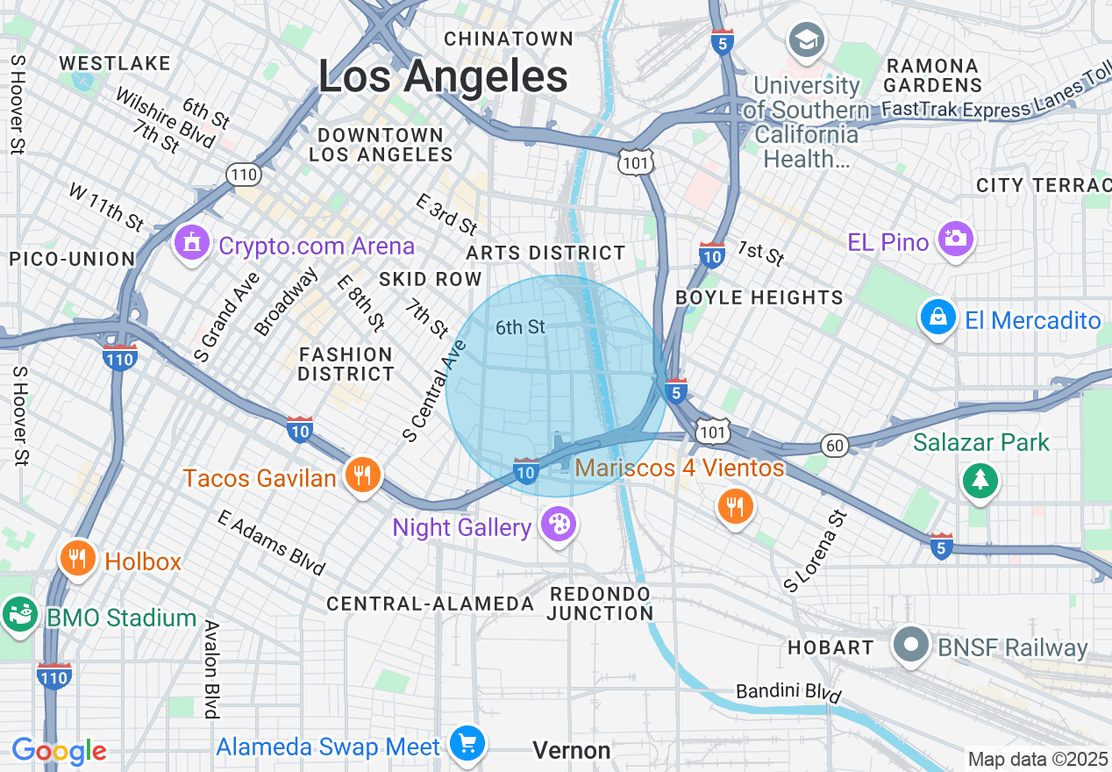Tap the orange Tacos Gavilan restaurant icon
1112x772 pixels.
pos(360,475)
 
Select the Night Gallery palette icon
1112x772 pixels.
pos(558,525)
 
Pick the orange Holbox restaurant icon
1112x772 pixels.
pos(78,558)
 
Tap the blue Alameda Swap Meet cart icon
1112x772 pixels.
pos(467,745)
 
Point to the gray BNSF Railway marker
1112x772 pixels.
pos(911,646)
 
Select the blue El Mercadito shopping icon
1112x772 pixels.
pos(937,318)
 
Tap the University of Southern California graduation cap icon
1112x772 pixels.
pos(804,39)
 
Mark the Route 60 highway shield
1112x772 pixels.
pos(835,446)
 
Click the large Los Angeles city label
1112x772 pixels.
pos(443,76)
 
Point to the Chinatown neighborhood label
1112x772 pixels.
pos(509,39)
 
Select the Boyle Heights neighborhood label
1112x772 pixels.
pos(759,297)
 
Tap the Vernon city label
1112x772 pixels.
pos(572,750)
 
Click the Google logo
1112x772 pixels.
pos(59,751)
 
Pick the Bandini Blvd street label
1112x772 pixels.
pos(788,694)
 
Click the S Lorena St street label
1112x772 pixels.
pos(817,550)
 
